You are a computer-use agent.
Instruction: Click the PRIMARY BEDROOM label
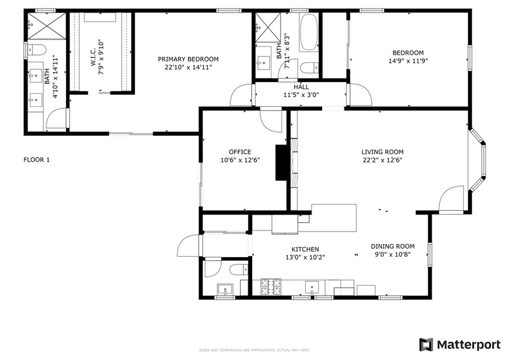(x=188, y=59)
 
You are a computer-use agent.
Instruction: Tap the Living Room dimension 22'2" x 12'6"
(x=382, y=160)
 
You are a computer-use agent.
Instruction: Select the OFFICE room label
(x=240, y=152)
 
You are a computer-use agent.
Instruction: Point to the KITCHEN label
(x=305, y=250)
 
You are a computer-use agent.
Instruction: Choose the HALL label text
(x=301, y=87)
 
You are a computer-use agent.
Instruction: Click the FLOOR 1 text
(x=37, y=160)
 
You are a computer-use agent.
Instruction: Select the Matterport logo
(x=459, y=345)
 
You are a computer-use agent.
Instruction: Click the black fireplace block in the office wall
(x=281, y=163)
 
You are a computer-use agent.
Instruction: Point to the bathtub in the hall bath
(x=309, y=32)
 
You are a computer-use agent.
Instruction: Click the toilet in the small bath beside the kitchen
(x=237, y=270)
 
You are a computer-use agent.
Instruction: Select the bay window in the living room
(x=478, y=160)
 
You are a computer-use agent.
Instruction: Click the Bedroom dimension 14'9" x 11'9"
(x=408, y=61)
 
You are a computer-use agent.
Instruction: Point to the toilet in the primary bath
(x=36, y=49)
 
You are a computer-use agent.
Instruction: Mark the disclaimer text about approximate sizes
(x=254, y=351)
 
